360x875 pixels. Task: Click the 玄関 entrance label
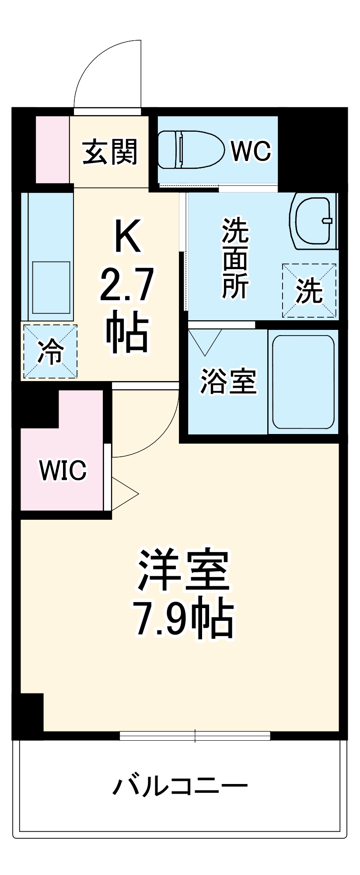110,152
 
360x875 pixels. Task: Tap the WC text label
251,151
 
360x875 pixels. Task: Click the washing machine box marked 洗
309,290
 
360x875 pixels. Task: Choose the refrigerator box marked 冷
50,351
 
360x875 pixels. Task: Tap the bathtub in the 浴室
303,382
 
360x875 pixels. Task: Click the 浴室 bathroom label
228,382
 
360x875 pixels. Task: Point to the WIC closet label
63,470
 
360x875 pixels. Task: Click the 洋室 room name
184,570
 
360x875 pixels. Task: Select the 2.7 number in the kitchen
127,286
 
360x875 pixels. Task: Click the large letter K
127,236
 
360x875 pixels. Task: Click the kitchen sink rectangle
51,287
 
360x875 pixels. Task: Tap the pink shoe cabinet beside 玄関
52,150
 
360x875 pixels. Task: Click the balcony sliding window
195,736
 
